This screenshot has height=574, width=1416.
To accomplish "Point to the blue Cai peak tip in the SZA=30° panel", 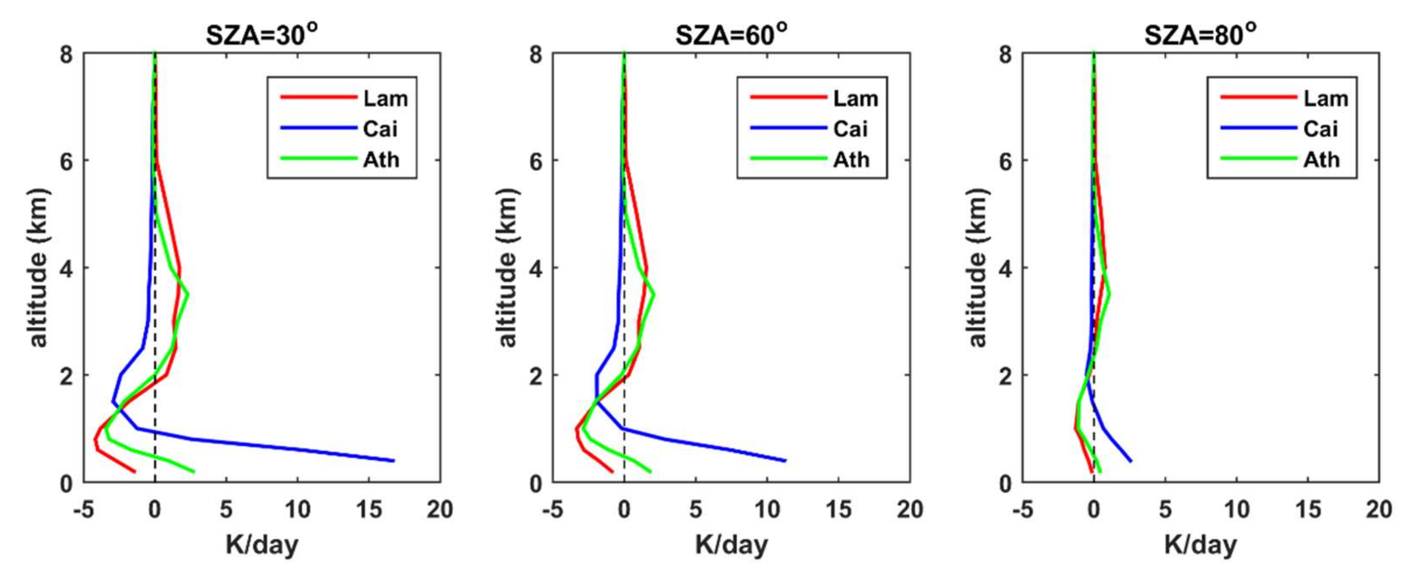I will (394, 461).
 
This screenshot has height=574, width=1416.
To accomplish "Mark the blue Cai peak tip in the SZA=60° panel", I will (786, 461).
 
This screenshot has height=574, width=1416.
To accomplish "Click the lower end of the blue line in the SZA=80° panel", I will (1131, 461).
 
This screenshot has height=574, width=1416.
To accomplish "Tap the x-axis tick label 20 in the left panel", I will (440, 510).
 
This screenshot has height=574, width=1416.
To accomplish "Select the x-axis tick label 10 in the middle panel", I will (767, 510).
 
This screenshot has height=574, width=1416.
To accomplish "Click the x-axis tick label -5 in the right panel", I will (1022, 510).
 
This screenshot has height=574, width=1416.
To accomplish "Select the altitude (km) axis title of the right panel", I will (977, 268).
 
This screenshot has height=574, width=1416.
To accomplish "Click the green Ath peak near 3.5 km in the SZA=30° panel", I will (188, 294).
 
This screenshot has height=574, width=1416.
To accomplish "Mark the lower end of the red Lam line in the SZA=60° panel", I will (612, 471).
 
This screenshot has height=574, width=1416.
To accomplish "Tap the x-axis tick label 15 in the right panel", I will (1308, 510).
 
